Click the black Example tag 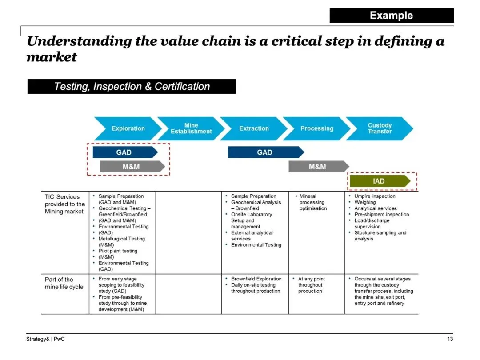pos(392,16)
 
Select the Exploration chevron pos(128,128)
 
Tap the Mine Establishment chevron pos(191,128)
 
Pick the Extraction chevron pos(254,128)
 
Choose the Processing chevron pos(316,128)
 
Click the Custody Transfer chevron pos(380,128)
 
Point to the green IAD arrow pos(379,181)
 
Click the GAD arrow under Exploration pos(124,152)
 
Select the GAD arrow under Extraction pos(265,152)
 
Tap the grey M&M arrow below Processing pos(317,167)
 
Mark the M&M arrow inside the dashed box pos(132,167)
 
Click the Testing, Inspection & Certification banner pos(132,87)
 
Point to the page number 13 pos(450,340)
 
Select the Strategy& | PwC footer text pos(42,340)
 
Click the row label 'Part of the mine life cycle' pos(64,283)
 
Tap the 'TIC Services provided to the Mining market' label pos(64,204)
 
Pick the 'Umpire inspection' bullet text pos(375,196)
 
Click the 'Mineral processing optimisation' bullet pos(313,202)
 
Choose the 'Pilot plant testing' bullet pos(118,251)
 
